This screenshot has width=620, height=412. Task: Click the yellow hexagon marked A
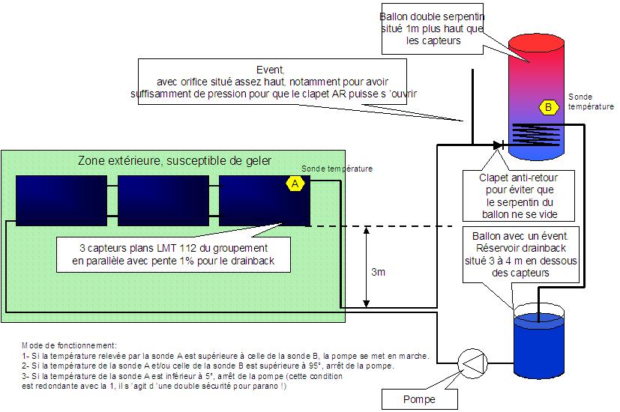295,184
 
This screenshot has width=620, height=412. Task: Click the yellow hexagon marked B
549,107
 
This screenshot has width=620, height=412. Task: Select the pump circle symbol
472,363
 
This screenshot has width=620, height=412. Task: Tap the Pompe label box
420,399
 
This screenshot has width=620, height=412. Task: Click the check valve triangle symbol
498,145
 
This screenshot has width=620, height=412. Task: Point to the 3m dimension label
378,272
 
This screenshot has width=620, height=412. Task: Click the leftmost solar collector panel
61,201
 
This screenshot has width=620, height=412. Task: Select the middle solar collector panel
163,201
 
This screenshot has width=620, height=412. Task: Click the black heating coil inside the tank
537,133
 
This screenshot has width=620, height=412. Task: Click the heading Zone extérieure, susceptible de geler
175,161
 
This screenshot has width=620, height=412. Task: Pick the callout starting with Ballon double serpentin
433,28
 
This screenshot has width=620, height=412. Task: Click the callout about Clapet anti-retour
519,196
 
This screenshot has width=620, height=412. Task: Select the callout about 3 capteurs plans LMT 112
174,255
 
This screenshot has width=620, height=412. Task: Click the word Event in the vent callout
271,70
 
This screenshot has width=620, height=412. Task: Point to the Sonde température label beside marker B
591,102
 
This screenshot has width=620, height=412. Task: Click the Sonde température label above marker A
337,169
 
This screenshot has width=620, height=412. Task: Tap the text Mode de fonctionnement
69,345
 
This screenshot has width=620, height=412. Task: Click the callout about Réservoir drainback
521,255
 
